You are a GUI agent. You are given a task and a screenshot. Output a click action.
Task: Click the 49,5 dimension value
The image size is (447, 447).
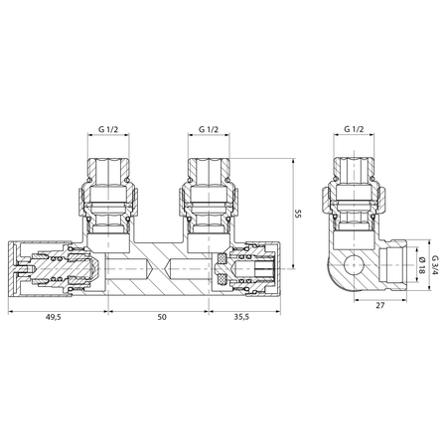[x=54, y=317]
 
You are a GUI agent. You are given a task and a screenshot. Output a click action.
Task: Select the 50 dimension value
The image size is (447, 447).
[x=162, y=317]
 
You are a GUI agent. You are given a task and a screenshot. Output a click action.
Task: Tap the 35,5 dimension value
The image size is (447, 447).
[x=241, y=317]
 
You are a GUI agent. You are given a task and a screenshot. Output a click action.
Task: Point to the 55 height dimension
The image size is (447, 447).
[x=298, y=214]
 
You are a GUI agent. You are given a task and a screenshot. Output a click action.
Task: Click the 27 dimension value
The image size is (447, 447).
[x=380, y=305]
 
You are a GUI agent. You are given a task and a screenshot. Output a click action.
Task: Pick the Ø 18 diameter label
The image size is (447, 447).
[x=421, y=265]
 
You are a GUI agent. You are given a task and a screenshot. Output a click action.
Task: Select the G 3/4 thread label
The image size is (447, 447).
[x=435, y=265]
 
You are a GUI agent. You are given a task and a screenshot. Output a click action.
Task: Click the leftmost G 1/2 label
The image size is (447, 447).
[x=108, y=129]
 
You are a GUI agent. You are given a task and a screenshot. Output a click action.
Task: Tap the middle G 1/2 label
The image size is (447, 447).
[x=209, y=129]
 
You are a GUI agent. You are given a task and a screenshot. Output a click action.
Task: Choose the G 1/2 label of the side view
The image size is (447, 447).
[x=354, y=129]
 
